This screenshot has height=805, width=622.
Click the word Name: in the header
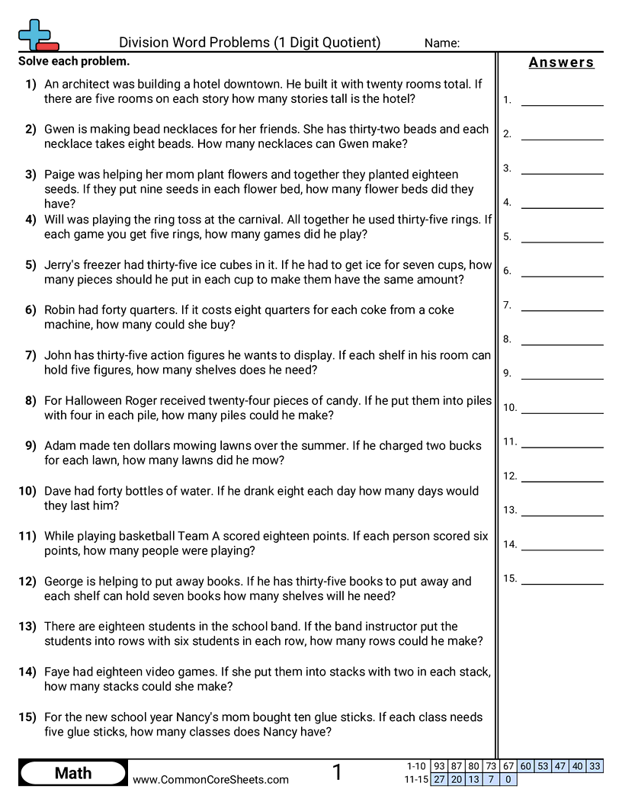441,43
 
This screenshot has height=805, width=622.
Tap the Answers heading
561,63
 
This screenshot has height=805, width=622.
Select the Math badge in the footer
73,773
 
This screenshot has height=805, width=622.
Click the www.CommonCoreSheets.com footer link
210,779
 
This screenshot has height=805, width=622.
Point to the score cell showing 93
439,766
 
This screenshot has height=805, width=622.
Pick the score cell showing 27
439,779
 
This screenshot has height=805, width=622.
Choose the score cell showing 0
508,779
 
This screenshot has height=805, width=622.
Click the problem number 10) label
27,492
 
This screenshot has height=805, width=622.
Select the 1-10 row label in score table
416,766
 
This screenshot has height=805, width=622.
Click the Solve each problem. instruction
74,62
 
